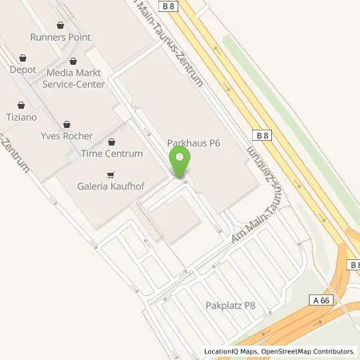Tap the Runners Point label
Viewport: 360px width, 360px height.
tap(60, 37)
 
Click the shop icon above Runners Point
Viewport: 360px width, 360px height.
tap(61, 24)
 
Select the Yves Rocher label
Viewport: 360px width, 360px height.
tap(66, 136)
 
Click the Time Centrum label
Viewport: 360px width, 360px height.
tap(116, 154)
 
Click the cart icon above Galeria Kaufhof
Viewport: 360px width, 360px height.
tap(110, 174)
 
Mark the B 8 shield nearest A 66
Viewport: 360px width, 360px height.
tap(354, 264)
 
